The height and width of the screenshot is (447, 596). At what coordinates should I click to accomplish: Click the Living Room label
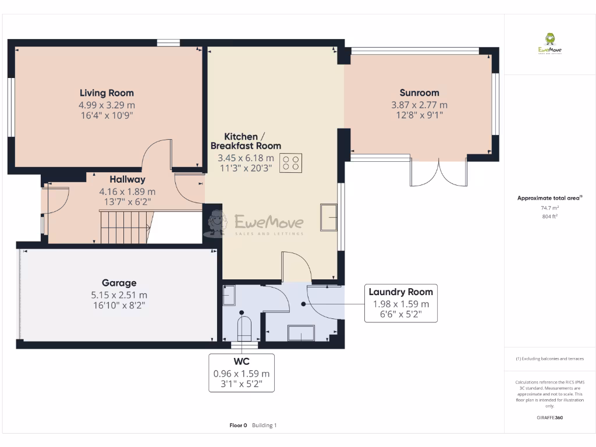(x=107, y=93)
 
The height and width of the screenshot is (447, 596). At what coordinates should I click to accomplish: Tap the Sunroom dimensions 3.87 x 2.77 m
(x=419, y=105)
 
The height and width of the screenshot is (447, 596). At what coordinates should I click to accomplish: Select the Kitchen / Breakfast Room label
(x=245, y=140)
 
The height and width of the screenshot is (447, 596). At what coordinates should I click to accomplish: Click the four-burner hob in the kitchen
(x=291, y=162)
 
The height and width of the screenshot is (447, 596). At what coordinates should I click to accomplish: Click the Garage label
(x=119, y=283)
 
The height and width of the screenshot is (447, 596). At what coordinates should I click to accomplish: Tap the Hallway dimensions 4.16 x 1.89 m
(x=127, y=191)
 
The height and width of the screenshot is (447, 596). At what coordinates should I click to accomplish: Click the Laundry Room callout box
(x=400, y=303)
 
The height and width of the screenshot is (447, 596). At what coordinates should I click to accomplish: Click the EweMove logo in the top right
(x=549, y=44)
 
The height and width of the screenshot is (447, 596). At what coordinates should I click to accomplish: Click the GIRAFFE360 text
(x=549, y=417)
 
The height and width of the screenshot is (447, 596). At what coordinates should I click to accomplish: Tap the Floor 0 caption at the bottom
(x=239, y=425)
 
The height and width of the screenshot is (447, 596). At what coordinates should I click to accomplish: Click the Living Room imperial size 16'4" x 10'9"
(x=107, y=115)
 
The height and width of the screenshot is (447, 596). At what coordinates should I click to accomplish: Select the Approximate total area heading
(x=549, y=198)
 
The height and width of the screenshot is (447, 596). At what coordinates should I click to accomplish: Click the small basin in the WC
(x=229, y=295)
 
